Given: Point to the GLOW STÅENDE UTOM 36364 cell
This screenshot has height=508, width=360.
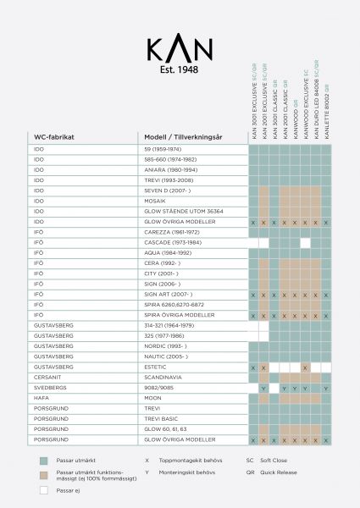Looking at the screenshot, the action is point(184,211).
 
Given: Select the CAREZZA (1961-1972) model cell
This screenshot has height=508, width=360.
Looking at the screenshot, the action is point(172,232).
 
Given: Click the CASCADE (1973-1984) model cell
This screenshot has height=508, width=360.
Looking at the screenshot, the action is point(172,242).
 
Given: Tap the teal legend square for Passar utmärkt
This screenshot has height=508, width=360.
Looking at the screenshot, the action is point(42,461).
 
